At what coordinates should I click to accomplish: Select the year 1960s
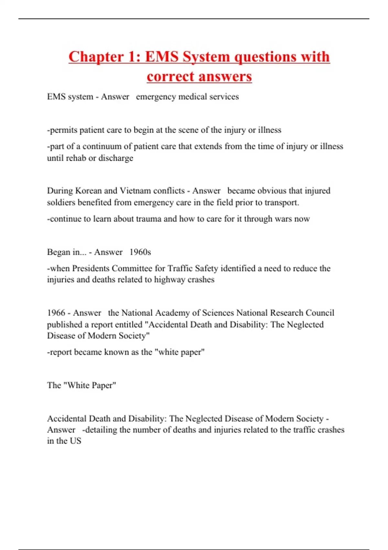click(140, 252)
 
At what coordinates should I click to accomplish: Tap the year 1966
click(56, 313)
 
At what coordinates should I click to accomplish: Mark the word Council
click(319, 313)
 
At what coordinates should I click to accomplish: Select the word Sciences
click(218, 313)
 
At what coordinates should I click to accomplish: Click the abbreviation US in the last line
click(75, 441)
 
